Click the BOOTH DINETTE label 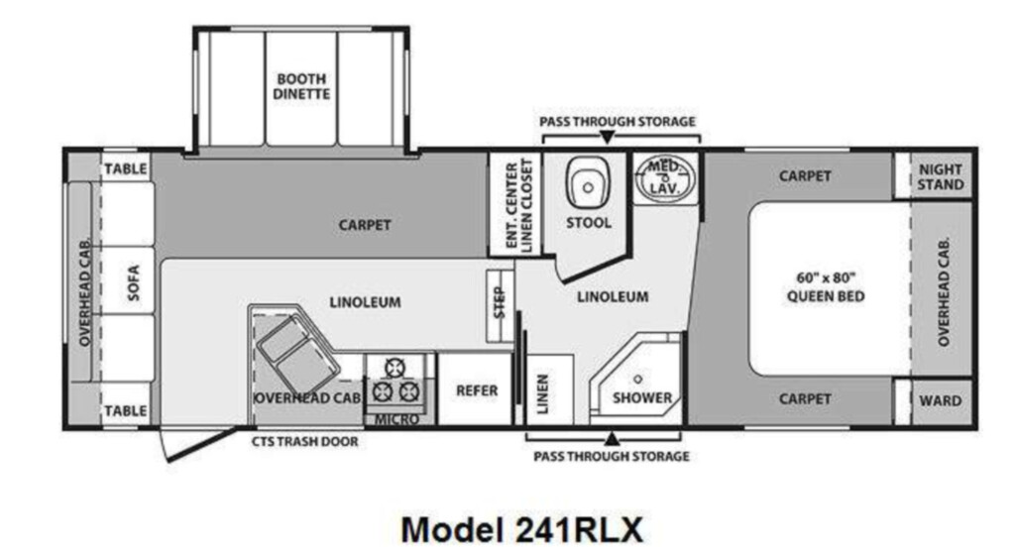[x=301, y=86]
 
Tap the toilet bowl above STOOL [x=588, y=182]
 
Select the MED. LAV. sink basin [x=664, y=178]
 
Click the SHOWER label [x=642, y=397]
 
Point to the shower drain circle [x=637, y=380]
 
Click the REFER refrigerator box [x=476, y=388]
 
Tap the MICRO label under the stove [x=396, y=419]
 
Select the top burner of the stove [x=395, y=368]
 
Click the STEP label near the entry [x=500, y=302]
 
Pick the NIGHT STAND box [x=941, y=176]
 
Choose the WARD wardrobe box [x=941, y=400]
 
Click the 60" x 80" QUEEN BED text [x=826, y=286]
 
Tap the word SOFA [x=133, y=282]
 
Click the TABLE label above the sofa [x=126, y=168]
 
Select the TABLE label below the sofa [x=126, y=410]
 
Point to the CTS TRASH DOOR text [x=305, y=441]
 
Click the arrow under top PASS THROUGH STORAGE [x=607, y=137]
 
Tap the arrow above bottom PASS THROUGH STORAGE [x=611, y=439]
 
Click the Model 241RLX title [x=522, y=529]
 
